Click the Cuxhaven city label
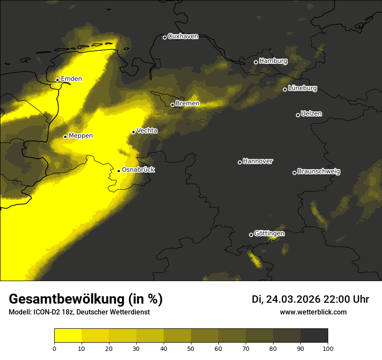[x=183, y=36]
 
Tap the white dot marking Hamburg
[x=256, y=62]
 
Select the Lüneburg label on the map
[x=303, y=88]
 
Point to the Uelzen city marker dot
[x=298, y=115]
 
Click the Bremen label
[x=188, y=104]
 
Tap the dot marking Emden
[x=57, y=80]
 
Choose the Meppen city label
[x=81, y=136]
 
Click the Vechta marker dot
[x=133, y=132]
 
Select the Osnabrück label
[x=138, y=170]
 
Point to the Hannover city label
[x=258, y=161]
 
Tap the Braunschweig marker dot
[x=294, y=173]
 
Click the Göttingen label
[x=269, y=234]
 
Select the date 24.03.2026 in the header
[x=293, y=299]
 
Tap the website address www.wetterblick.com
[x=313, y=312]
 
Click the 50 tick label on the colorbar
[x=191, y=348]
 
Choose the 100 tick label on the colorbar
[x=328, y=348]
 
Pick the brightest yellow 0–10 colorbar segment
[x=68, y=336]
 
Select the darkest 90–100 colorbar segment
[x=314, y=336]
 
